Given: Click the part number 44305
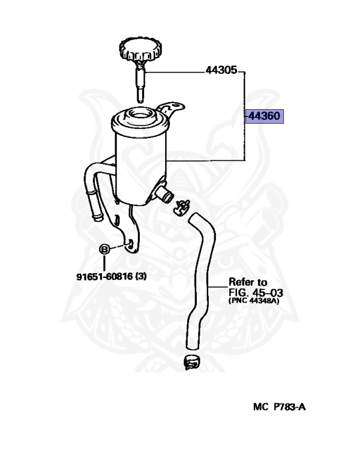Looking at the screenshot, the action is coord(221,70).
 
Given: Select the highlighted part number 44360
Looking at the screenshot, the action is coord(264,115).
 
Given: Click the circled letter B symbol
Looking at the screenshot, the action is coord(103,250).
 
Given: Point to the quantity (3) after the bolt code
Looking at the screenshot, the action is coord(140,277).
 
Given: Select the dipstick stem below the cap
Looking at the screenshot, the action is coord(139,81).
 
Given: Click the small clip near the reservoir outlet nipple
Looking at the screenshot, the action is coord(181,207).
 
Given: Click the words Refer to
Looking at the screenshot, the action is coord(247,282).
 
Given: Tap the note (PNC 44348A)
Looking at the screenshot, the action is coord(254,301).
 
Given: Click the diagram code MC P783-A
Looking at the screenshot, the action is coord(279,407).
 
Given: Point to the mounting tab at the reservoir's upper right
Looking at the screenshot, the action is coord(171,110).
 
